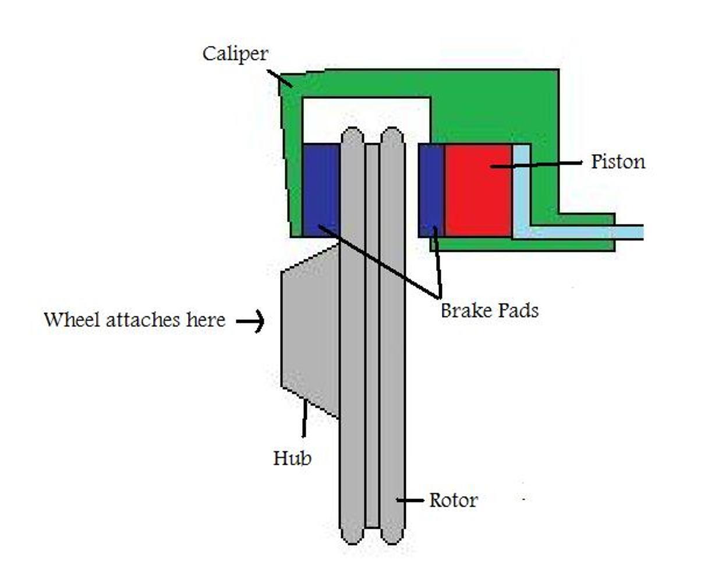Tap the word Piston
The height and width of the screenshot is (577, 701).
[618, 162]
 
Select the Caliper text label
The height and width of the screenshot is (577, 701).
[235, 54]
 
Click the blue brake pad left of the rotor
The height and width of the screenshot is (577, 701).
[321, 190]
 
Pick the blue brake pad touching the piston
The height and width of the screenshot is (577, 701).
[431, 190]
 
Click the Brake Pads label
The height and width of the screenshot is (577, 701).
[489, 311]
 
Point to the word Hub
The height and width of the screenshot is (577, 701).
[292, 458]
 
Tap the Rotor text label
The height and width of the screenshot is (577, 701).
[453, 500]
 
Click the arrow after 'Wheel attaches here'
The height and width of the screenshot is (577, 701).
[251, 320]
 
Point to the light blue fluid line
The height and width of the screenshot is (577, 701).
[582, 232]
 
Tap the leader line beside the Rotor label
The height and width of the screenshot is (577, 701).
[410, 500]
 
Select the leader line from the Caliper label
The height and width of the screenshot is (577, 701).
[279, 78]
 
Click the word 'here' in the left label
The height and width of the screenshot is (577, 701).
[206, 320]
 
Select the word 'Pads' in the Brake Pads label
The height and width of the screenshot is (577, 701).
[515, 311]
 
